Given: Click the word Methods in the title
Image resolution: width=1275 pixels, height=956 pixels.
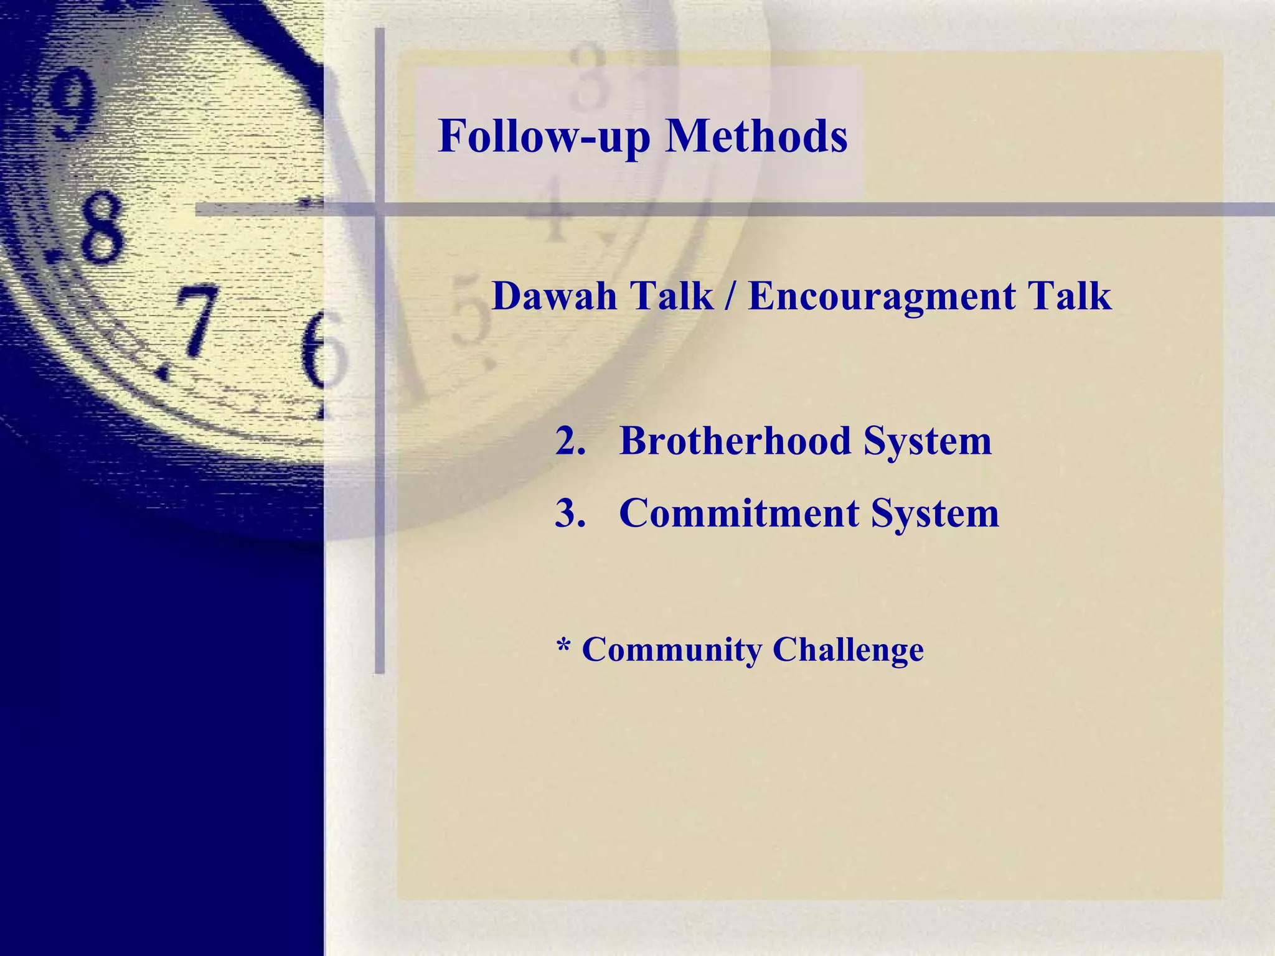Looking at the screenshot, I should (756, 136).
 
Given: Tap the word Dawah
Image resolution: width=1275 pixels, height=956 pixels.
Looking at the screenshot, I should (554, 296).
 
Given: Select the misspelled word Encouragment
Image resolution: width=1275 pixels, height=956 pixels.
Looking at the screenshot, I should (882, 296).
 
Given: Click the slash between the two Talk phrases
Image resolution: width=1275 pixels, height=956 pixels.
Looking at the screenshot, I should (730, 297).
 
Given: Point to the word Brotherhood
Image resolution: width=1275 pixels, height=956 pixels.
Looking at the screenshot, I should (734, 441).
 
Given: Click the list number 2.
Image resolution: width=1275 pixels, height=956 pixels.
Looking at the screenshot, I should (570, 441).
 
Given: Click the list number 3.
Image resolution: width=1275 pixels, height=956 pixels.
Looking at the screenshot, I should (570, 514).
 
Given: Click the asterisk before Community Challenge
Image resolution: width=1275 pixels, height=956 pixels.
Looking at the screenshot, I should (563, 647).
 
